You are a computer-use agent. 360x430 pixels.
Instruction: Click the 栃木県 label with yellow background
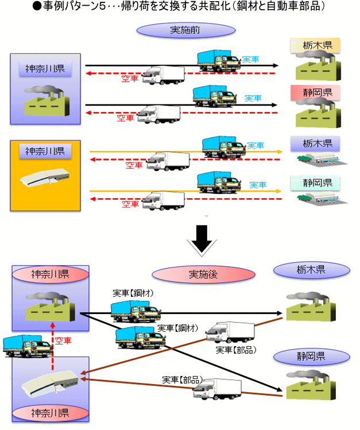tap(315, 45)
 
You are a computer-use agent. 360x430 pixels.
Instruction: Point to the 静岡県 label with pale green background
tap(315, 183)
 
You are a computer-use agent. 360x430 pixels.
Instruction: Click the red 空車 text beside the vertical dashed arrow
tap(63, 341)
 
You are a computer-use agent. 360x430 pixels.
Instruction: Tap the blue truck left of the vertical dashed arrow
tap(24, 346)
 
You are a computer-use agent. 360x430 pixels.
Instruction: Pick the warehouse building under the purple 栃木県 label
tap(315, 161)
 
